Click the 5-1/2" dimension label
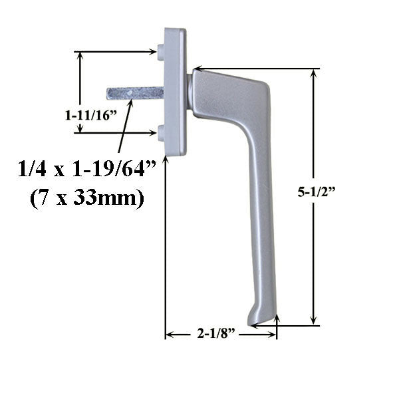pos(340,193)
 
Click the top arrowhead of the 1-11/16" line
pos(81,55)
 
